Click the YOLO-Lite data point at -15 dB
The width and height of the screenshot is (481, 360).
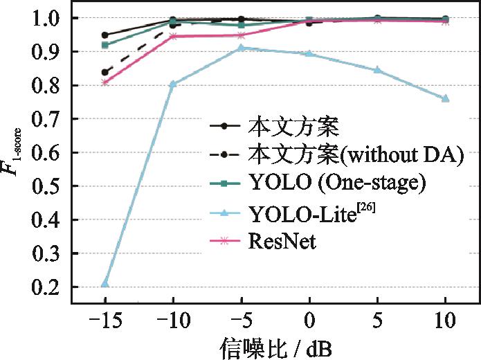[x=105, y=283]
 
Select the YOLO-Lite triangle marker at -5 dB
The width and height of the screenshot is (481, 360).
[x=241, y=48]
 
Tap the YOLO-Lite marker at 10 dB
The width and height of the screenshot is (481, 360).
[x=445, y=98]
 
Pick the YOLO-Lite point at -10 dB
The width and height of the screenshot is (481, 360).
[x=173, y=84]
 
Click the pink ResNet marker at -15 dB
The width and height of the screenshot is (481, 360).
[x=105, y=82]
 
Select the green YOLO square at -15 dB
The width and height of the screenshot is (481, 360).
[x=105, y=45]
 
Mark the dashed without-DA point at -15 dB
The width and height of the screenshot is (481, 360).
[x=105, y=72]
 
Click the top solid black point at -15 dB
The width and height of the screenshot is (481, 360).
[x=105, y=35]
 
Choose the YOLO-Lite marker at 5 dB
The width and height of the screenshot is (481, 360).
[x=377, y=70]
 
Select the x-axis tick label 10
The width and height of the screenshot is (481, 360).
[x=445, y=320]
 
